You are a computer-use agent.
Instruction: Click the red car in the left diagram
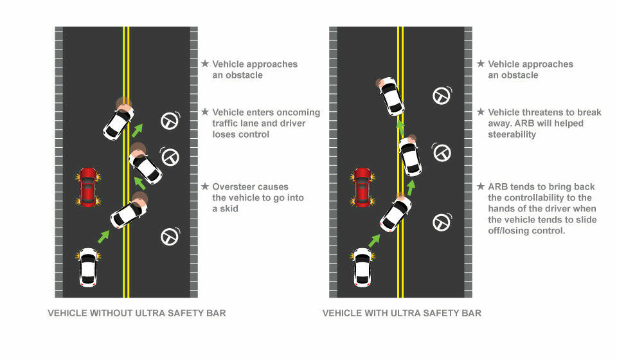point(88,187)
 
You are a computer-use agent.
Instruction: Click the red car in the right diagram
point(362,187)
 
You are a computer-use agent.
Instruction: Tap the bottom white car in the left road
point(88,267)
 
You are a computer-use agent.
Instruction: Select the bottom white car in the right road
point(362,267)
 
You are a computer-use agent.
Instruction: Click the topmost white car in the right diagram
point(391,96)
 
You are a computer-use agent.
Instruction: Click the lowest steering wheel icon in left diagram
point(170,237)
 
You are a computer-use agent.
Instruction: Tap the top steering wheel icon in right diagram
point(442,96)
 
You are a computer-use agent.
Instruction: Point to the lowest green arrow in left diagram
point(103,237)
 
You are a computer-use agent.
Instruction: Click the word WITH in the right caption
point(375,313)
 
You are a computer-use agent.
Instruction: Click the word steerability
point(512,134)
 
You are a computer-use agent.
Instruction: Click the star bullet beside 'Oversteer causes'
point(205,186)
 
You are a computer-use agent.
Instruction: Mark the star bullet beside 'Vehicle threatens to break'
point(481,112)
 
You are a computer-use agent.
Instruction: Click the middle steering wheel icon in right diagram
point(442,152)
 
